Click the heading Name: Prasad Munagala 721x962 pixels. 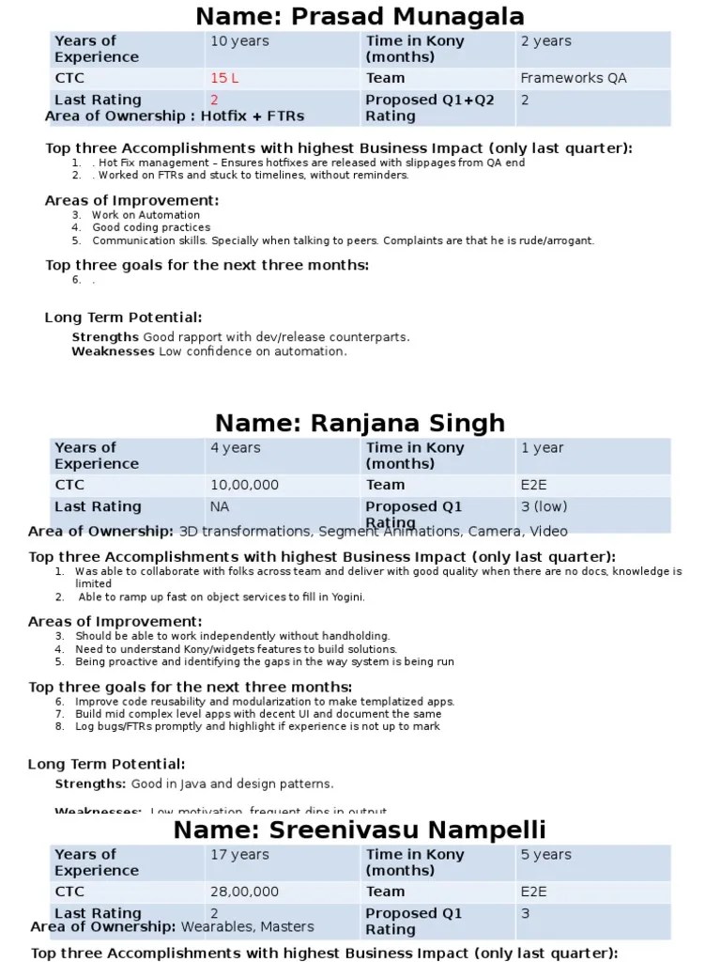tap(360, 16)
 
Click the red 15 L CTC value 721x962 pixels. tap(224, 78)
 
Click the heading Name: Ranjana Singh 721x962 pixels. tap(360, 423)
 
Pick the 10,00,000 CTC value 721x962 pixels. tap(244, 485)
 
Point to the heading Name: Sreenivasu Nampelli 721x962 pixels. tap(360, 830)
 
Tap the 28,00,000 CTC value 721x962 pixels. tap(244, 892)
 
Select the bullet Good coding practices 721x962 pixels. tap(151, 227)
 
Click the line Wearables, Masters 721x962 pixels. tap(247, 926)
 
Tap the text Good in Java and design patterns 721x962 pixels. tap(232, 784)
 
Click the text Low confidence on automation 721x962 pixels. tap(253, 351)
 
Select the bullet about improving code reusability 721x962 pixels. tap(265, 702)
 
